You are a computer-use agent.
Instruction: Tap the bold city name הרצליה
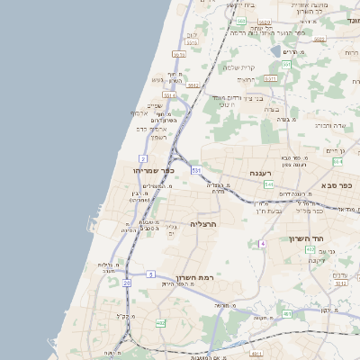(205, 223)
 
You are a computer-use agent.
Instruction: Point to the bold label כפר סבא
(341, 185)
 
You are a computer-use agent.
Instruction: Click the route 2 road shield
(144, 158)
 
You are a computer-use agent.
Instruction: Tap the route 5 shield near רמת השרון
(150, 273)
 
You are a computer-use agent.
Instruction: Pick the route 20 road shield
(127, 283)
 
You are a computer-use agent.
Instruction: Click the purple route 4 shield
(263, 243)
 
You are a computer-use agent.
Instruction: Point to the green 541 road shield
(268, 184)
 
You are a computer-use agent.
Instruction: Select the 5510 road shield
(179, 54)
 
